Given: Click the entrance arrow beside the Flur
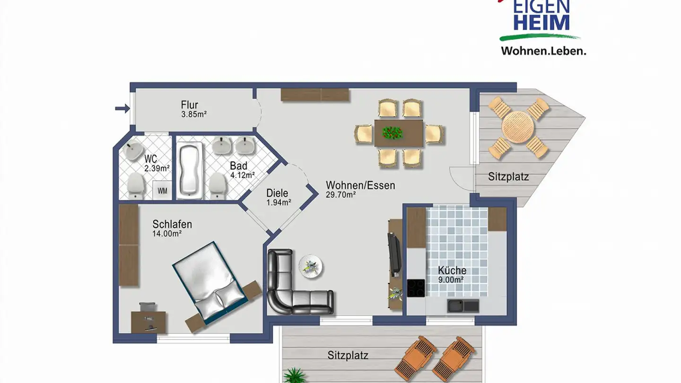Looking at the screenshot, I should click(x=122, y=109).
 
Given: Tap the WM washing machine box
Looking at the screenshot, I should click(x=162, y=191).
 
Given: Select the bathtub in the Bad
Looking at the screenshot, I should click(x=190, y=170).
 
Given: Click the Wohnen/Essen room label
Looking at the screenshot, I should click(x=360, y=185).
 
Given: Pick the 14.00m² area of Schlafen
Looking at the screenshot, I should click(x=167, y=234).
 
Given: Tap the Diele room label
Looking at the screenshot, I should click(x=277, y=193).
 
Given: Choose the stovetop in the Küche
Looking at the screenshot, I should click(x=416, y=288).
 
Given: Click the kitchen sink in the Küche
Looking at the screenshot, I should click(x=463, y=305).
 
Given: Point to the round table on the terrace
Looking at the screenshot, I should click(x=518, y=127).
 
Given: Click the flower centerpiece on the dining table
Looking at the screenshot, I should click(x=392, y=132).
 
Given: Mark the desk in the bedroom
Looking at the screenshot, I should click(x=148, y=322).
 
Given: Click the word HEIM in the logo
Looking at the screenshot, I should click(x=541, y=23).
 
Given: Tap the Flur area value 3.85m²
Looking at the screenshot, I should click(x=194, y=114).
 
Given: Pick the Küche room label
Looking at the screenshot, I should click(x=452, y=270).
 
